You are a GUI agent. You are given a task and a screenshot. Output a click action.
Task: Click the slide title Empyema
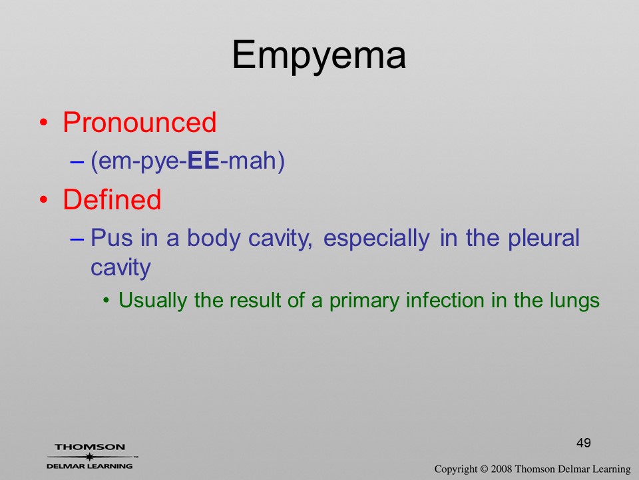[319, 56]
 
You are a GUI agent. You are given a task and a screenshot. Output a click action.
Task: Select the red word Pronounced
[139, 122]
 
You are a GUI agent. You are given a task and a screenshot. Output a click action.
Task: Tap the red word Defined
[112, 199]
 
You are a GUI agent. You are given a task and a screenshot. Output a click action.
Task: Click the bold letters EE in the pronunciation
[204, 161]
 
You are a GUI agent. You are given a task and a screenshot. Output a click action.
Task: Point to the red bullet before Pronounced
[44, 123]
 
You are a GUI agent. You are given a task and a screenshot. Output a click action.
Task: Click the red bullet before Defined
[44, 200]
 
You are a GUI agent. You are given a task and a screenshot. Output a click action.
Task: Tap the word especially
[376, 239]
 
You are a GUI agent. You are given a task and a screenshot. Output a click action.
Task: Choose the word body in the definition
[213, 239]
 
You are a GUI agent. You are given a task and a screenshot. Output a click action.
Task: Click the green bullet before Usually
[106, 301]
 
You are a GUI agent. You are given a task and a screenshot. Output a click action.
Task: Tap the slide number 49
[584, 443]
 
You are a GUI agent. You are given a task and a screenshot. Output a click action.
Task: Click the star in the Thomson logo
[89, 456]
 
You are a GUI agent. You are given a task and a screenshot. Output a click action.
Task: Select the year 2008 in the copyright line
[501, 469]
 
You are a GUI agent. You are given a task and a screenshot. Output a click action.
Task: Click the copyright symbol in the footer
[484, 469]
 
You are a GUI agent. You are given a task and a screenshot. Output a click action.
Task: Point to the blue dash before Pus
[77, 239]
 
